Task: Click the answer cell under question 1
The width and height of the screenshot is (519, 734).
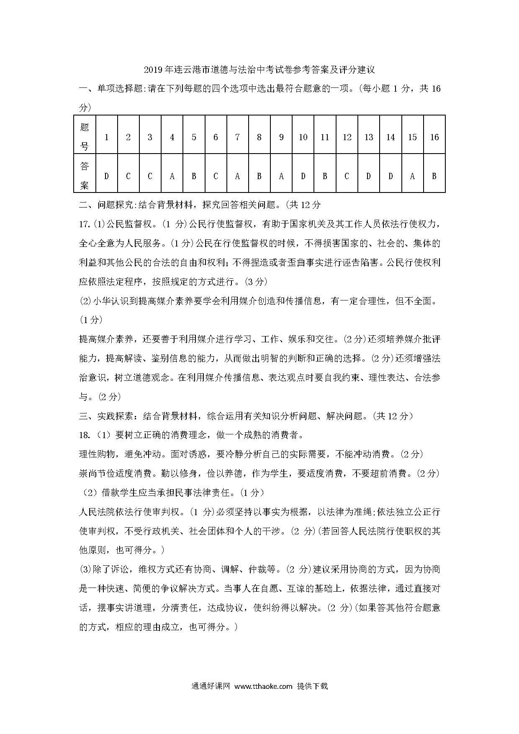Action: pos(107,176)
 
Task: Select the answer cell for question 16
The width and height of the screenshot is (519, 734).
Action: pos(434,176)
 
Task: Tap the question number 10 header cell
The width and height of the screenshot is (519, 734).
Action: pos(303,137)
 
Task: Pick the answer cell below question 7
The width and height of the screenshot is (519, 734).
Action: pos(237,176)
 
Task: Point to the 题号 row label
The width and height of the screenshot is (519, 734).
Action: pos(85,136)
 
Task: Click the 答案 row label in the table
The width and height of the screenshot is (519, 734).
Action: pos(85,175)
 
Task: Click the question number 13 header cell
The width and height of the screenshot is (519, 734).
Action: pos(369,137)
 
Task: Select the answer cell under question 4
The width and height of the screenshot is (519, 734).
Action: pos(172,176)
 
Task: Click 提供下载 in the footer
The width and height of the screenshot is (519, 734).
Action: pos(312,686)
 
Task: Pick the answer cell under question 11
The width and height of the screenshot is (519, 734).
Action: pos(325,176)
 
